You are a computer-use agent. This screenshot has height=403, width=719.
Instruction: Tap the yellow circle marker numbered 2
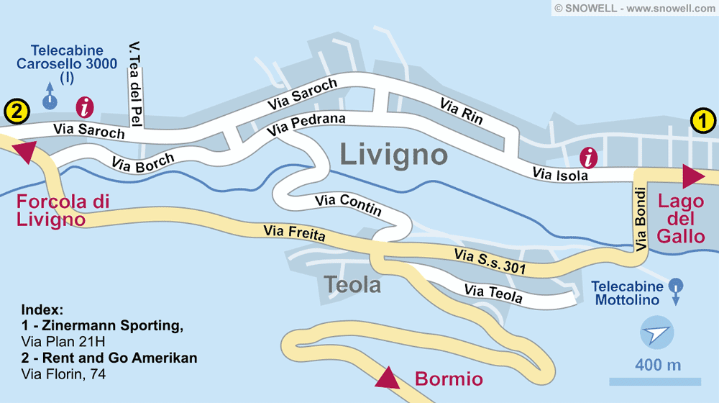(17, 112)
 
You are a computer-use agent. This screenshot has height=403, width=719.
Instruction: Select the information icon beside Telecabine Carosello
(85, 109)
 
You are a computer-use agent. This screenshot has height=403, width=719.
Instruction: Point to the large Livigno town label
(393, 154)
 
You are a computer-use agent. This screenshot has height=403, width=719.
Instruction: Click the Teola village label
(352, 285)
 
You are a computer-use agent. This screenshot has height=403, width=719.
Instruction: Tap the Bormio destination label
(449, 379)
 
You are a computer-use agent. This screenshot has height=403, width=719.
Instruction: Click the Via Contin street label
(348, 205)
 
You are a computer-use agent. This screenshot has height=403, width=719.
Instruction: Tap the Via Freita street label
(295, 233)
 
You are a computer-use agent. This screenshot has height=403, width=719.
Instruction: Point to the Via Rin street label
(461, 112)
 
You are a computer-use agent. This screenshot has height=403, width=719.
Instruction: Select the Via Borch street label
(143, 161)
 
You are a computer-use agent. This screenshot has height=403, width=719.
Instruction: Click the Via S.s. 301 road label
(490, 262)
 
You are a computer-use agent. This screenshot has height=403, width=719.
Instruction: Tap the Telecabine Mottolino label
(627, 292)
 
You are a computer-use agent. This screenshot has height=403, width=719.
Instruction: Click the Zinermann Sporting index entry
(102, 326)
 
